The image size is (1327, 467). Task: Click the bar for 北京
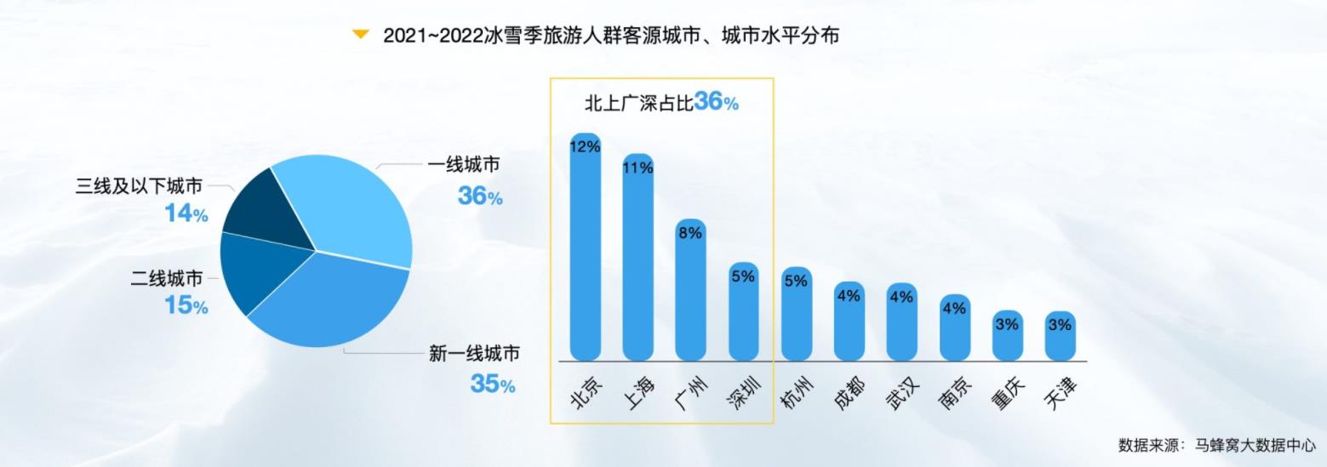coord(586,255)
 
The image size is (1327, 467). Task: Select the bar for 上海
coord(638,264)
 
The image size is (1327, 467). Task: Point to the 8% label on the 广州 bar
coord(690,233)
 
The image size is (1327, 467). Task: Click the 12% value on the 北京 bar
coord(586,146)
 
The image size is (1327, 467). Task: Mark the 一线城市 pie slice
coord(349,204)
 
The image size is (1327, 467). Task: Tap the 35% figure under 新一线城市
coord(493,384)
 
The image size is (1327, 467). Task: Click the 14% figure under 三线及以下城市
coord(186,214)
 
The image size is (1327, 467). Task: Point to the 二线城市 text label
coord(167,279)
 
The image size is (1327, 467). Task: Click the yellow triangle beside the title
coord(361,35)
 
